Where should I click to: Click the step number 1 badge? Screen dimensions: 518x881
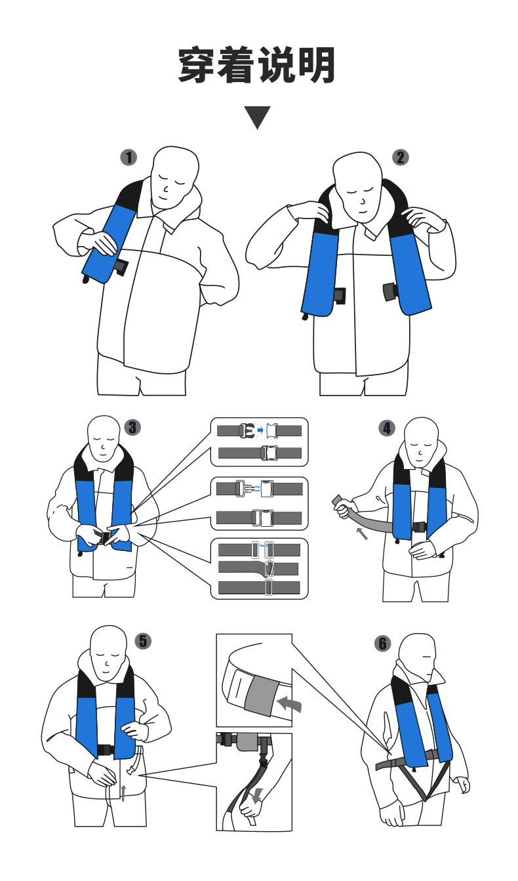(x=129, y=157)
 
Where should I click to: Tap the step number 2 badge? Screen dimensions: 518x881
(x=401, y=157)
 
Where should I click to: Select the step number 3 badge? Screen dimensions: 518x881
(x=132, y=428)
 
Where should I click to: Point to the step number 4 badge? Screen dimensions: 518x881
(x=387, y=428)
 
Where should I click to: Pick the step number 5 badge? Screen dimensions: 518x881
(x=143, y=641)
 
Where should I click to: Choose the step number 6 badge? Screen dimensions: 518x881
(x=382, y=644)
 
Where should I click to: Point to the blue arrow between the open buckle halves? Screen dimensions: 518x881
(x=260, y=431)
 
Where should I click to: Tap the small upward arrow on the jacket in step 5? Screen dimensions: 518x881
(x=123, y=792)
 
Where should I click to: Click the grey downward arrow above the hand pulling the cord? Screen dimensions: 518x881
(x=258, y=794)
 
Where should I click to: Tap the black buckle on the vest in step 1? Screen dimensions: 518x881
(x=121, y=268)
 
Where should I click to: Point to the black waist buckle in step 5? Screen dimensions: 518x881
(x=105, y=750)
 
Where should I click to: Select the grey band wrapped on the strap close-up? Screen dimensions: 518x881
(x=260, y=696)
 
